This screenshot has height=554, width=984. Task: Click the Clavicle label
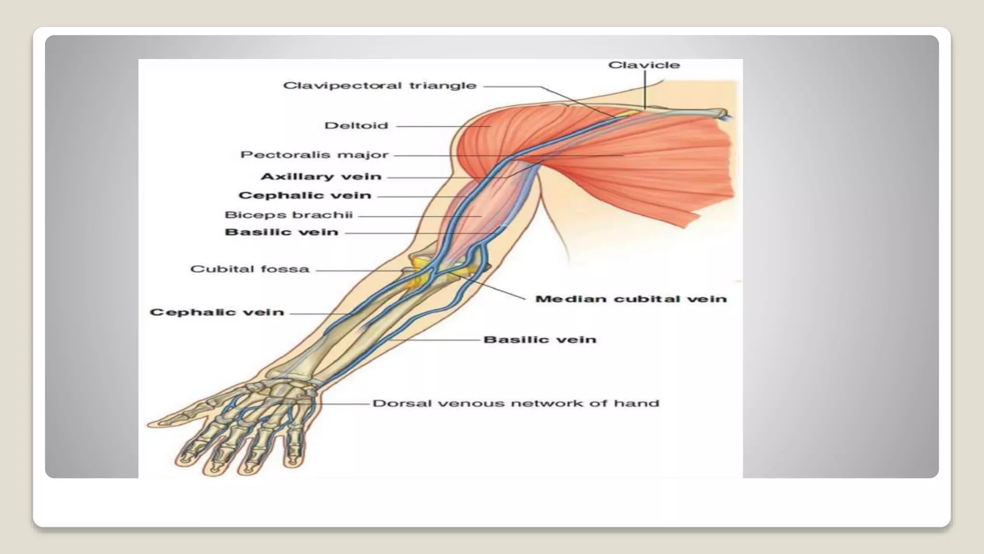click(644, 65)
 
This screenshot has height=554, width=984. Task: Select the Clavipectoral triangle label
click(380, 86)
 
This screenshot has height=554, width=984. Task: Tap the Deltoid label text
click(356, 126)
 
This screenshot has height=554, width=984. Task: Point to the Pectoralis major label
click(314, 155)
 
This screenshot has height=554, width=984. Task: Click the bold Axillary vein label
click(321, 177)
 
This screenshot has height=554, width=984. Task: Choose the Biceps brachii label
click(289, 215)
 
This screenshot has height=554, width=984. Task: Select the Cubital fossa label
click(250, 269)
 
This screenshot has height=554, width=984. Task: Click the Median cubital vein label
click(630, 299)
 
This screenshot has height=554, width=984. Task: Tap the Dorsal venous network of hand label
click(516, 403)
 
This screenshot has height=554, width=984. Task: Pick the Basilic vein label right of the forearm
click(540, 340)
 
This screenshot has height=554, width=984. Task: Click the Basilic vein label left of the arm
click(282, 232)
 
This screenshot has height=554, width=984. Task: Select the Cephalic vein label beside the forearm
click(217, 313)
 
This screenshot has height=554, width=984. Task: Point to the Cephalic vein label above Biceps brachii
click(305, 196)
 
